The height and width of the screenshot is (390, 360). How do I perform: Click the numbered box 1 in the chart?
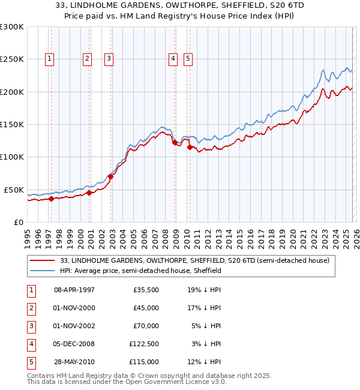[x=49, y=58]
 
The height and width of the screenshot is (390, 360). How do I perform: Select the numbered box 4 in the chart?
[x=173, y=58]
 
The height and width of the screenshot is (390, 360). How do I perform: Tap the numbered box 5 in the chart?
[x=188, y=58]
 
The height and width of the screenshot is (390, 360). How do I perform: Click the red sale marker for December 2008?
[x=175, y=143]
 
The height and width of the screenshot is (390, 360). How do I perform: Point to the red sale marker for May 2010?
[x=190, y=148]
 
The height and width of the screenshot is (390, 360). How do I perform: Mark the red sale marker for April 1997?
[x=52, y=199]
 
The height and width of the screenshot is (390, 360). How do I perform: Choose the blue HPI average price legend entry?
[x=141, y=271]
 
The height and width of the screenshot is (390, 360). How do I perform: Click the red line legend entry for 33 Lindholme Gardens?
[x=195, y=260]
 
